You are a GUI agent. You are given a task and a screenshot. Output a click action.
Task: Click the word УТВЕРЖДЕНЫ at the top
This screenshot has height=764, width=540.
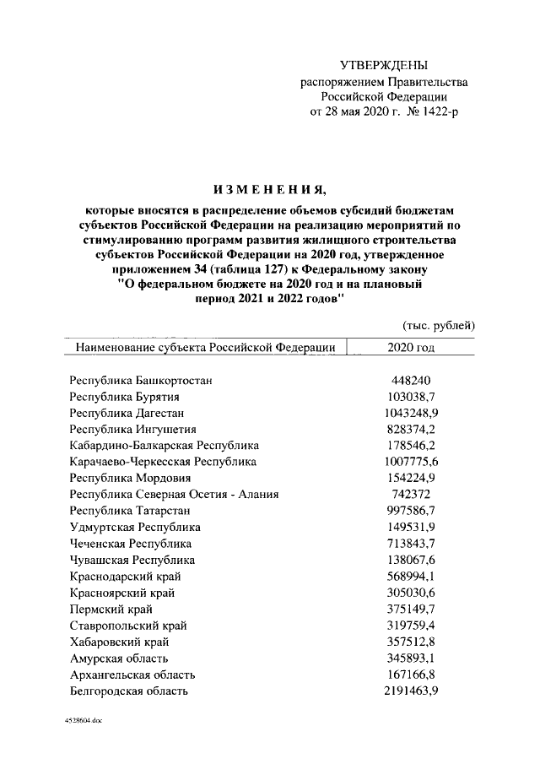(x=384, y=65)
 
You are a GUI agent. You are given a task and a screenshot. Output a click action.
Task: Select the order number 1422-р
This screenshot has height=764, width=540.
(x=438, y=111)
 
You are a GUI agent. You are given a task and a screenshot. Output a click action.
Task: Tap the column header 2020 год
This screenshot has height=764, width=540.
(x=411, y=347)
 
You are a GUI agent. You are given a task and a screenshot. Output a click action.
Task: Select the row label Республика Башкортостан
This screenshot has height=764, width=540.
(x=141, y=380)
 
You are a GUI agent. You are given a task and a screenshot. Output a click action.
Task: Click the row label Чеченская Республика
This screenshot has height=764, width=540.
(x=131, y=543)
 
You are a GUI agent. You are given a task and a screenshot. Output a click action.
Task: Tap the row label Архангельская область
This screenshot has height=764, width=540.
(x=133, y=675)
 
